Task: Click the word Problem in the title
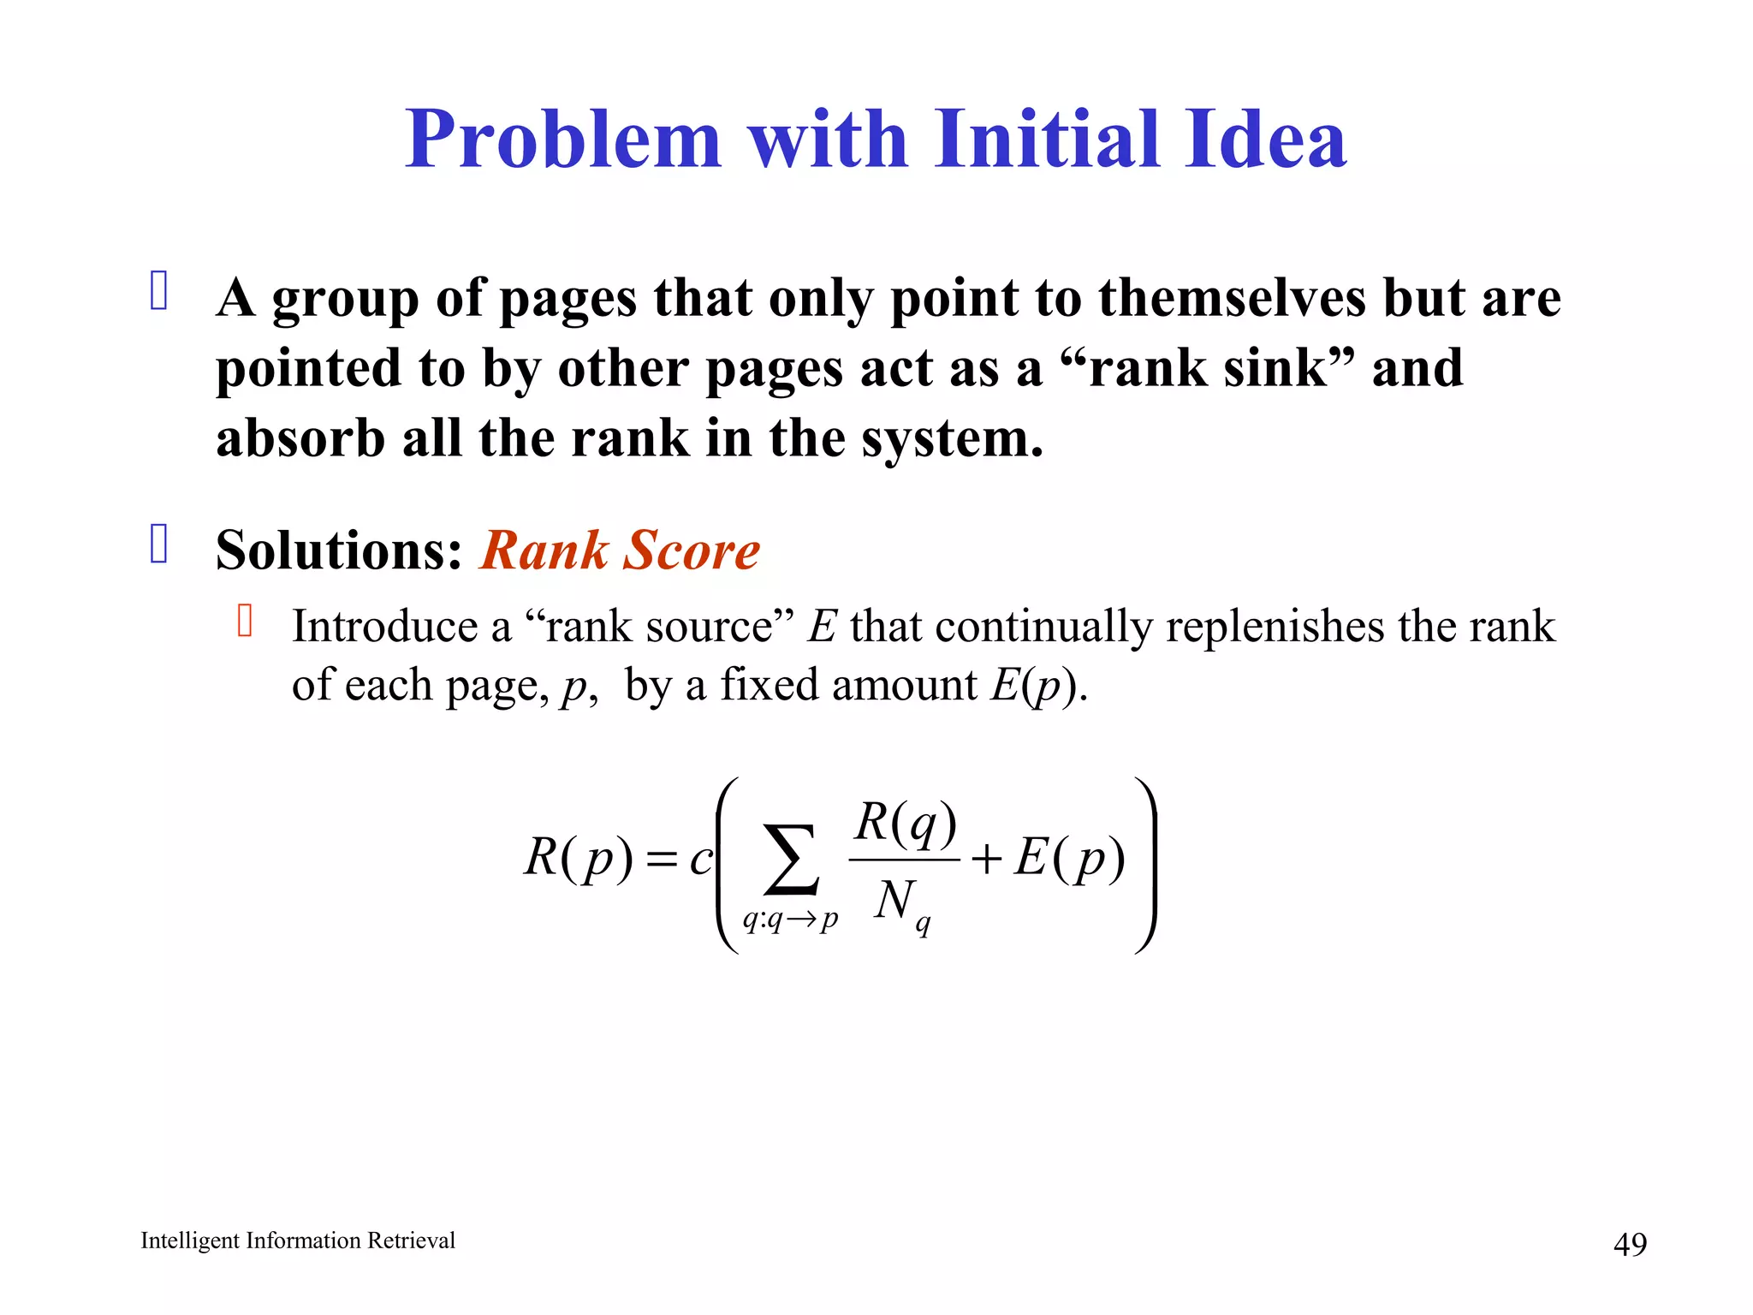563,140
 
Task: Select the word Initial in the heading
1046,140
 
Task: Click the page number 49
1630,1244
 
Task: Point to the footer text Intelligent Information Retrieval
298,1241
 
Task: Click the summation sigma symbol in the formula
790,860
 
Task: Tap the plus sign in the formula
987,859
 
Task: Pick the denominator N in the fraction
895,900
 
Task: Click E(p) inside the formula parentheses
1070,858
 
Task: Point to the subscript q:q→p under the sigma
790,920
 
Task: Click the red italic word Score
692,550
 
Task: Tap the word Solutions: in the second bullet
339,550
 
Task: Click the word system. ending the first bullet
953,440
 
